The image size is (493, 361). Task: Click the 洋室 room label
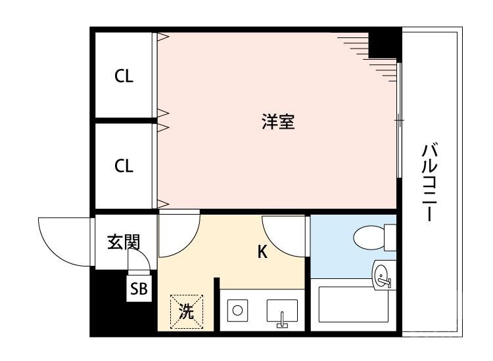point(277,122)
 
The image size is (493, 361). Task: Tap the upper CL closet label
point(124,76)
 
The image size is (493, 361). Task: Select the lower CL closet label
point(124,165)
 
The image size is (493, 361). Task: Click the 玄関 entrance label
point(124,243)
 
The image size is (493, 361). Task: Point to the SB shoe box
point(139,288)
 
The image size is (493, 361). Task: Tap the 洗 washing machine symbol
point(187,311)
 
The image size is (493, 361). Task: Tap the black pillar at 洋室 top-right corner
point(385,43)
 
